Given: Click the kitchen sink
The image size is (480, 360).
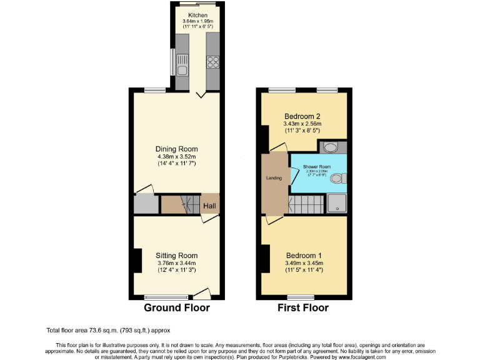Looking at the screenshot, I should pos(182,61).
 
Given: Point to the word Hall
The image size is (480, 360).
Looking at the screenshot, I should pos(209,204).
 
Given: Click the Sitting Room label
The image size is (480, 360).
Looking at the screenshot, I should pos(176,255).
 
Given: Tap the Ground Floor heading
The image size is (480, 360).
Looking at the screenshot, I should pos(177,307).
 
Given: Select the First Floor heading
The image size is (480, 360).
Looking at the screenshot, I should pos(303,307).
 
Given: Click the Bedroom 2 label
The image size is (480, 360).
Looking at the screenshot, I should pos(302,116).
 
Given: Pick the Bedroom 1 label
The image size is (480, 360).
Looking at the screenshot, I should pos(304,255).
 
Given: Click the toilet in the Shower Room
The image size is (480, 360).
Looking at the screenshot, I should pos(337,179).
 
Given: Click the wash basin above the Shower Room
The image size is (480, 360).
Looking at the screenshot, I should pos(330,147).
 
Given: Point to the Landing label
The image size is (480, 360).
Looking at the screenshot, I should pos(274,178).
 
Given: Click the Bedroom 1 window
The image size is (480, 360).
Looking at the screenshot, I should pos(301,296).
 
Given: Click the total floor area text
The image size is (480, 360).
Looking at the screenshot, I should pos(108,330).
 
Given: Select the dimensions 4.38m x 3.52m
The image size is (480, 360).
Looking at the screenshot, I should pos(176,157).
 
